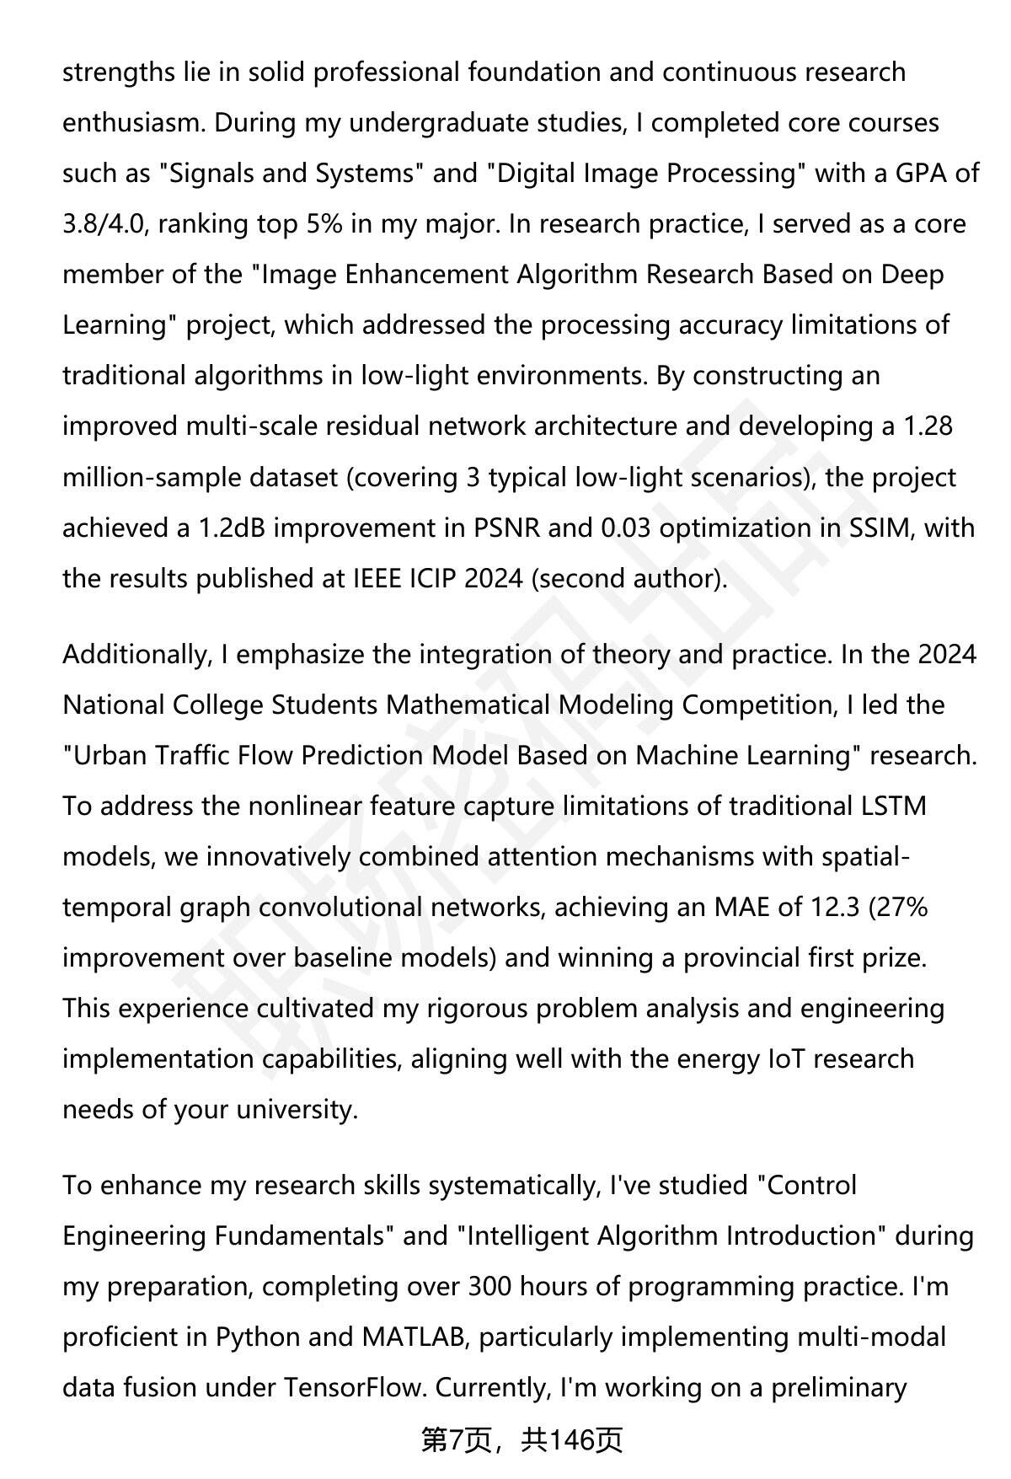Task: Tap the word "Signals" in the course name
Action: pos(206,174)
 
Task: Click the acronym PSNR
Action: pos(504,528)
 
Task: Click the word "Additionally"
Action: pos(135,655)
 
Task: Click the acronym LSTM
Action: pos(893,806)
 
